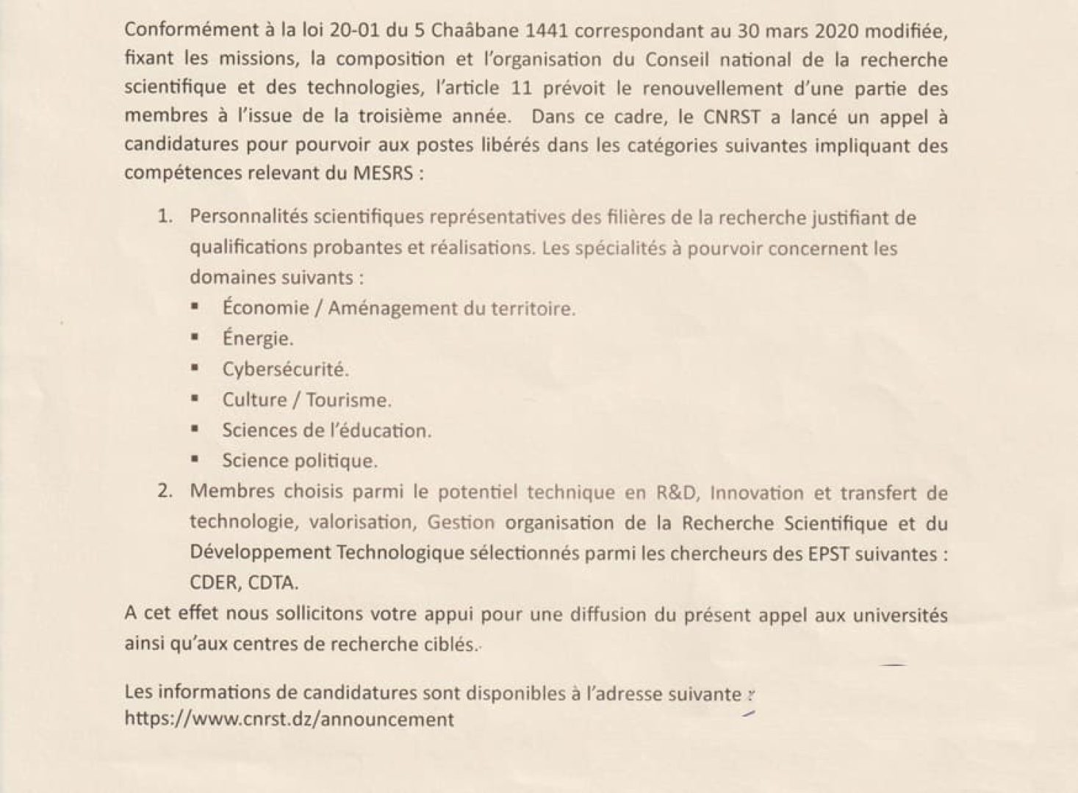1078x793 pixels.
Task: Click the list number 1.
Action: [x=165, y=217]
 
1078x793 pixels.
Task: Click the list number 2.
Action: [x=165, y=492]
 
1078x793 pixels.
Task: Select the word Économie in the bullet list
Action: [x=265, y=308]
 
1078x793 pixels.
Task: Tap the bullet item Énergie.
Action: [x=257, y=338]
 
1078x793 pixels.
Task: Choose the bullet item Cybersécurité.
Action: [x=285, y=369]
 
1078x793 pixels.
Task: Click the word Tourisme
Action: [x=348, y=400]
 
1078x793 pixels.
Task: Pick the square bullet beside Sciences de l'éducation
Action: [x=195, y=429]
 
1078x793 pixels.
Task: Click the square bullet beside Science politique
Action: [x=195, y=460]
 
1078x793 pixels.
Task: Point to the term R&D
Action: [x=675, y=493]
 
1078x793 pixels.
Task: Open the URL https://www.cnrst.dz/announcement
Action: [x=289, y=719]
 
